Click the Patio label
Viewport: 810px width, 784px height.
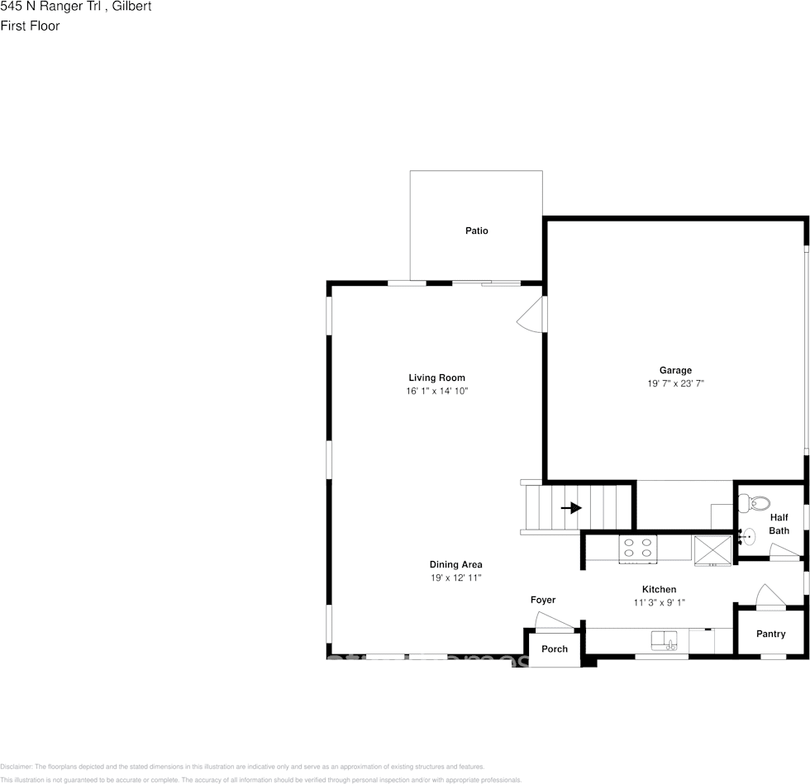(476, 230)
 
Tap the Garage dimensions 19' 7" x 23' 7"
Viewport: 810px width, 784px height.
(675, 383)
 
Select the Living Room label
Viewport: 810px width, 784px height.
(436, 378)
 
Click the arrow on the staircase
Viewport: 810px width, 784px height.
(571, 508)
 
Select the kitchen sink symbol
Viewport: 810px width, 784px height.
(664, 640)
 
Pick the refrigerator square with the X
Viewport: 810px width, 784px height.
(712, 549)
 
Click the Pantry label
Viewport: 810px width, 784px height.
(769, 634)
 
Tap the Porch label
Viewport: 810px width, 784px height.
(555, 649)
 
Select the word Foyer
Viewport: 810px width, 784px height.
(543, 600)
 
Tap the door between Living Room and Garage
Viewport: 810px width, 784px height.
(532, 315)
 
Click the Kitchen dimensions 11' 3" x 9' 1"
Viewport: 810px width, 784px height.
(659, 602)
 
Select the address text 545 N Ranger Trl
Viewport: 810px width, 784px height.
(51, 7)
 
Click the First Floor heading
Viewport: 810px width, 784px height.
(30, 26)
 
